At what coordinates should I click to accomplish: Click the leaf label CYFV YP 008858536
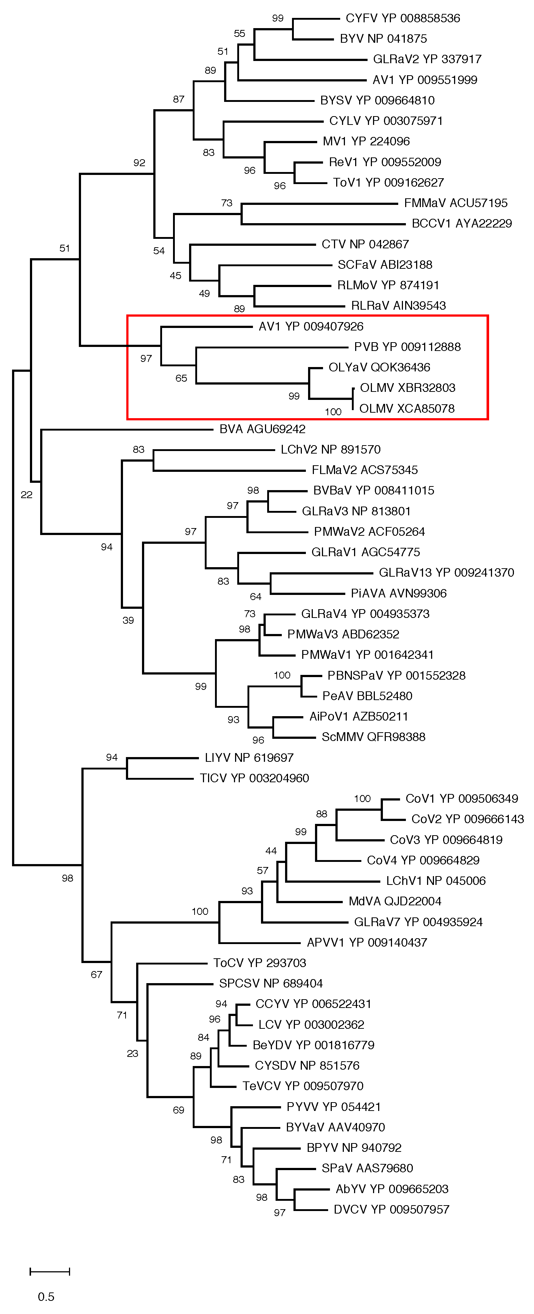pyautogui.click(x=402, y=18)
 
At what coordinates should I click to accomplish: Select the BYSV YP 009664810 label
pyautogui.click(x=377, y=100)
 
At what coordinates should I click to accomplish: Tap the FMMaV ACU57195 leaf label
pyautogui.click(x=456, y=203)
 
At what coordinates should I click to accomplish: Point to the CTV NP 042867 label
pyautogui.click(x=365, y=244)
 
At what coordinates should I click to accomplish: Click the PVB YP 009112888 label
pyautogui.click(x=407, y=347)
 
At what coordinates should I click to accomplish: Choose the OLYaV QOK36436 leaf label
pyautogui.click(x=379, y=367)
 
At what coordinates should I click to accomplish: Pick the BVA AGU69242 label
pyautogui.click(x=262, y=429)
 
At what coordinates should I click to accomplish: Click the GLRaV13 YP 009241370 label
pyautogui.click(x=446, y=572)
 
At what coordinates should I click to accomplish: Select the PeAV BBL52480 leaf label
pyautogui.click(x=367, y=696)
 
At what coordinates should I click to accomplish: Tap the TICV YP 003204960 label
pyautogui.click(x=254, y=778)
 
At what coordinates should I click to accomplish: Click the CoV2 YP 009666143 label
pyautogui.click(x=467, y=819)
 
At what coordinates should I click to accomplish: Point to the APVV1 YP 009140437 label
pyautogui.click(x=367, y=942)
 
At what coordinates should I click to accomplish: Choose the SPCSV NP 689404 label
pyautogui.click(x=271, y=983)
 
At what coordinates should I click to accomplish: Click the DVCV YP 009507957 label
pyautogui.click(x=391, y=1210)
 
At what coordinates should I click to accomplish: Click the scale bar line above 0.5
pyautogui.click(x=50, y=1272)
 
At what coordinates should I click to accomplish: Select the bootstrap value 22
pyautogui.click(x=27, y=495)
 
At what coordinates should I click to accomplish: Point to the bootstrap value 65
pyautogui.click(x=181, y=378)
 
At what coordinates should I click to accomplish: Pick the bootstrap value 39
pyautogui.click(x=128, y=620)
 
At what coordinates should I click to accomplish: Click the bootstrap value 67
pyautogui.click(x=96, y=974)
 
